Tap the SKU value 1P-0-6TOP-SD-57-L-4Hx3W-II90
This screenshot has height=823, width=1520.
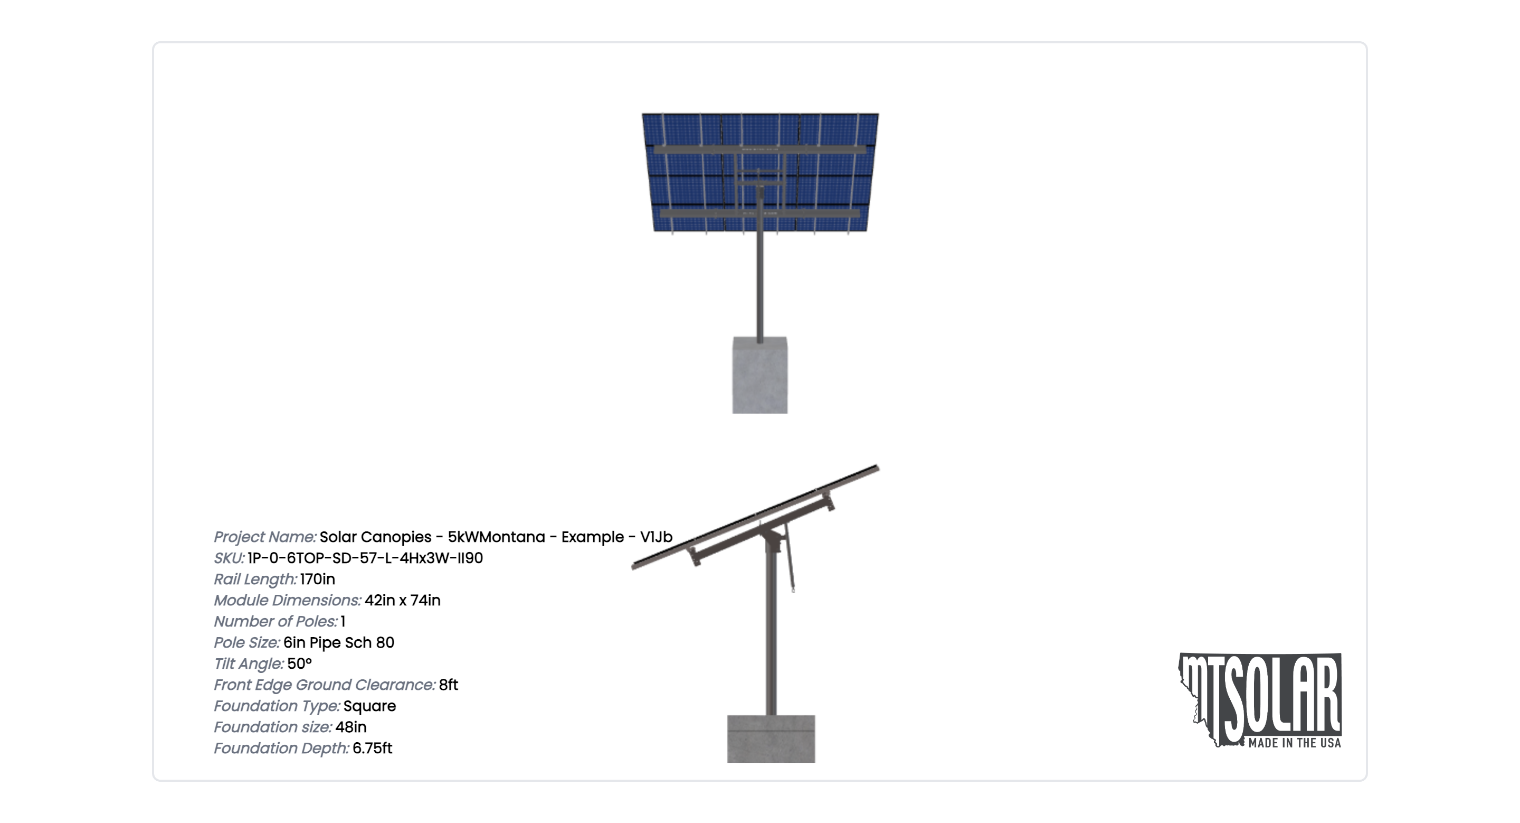point(365,558)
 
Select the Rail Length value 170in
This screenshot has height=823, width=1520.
point(317,579)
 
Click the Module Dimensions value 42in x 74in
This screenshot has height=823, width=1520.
point(402,601)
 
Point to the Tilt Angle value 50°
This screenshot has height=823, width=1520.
point(299,663)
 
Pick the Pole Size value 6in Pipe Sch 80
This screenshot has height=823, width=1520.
point(339,642)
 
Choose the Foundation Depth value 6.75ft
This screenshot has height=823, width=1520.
point(372,748)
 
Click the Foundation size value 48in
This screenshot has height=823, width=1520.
point(350,727)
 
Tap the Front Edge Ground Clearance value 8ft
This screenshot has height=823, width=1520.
point(449,685)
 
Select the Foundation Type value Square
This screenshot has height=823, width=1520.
point(369,706)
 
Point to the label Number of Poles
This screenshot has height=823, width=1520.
point(275,622)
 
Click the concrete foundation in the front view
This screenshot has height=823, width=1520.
point(760,375)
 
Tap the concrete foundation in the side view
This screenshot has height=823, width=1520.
point(771,738)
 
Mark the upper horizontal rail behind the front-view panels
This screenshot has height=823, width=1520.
point(760,150)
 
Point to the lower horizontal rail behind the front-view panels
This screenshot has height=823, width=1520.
point(760,213)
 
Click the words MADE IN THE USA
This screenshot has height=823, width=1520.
point(1295,743)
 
